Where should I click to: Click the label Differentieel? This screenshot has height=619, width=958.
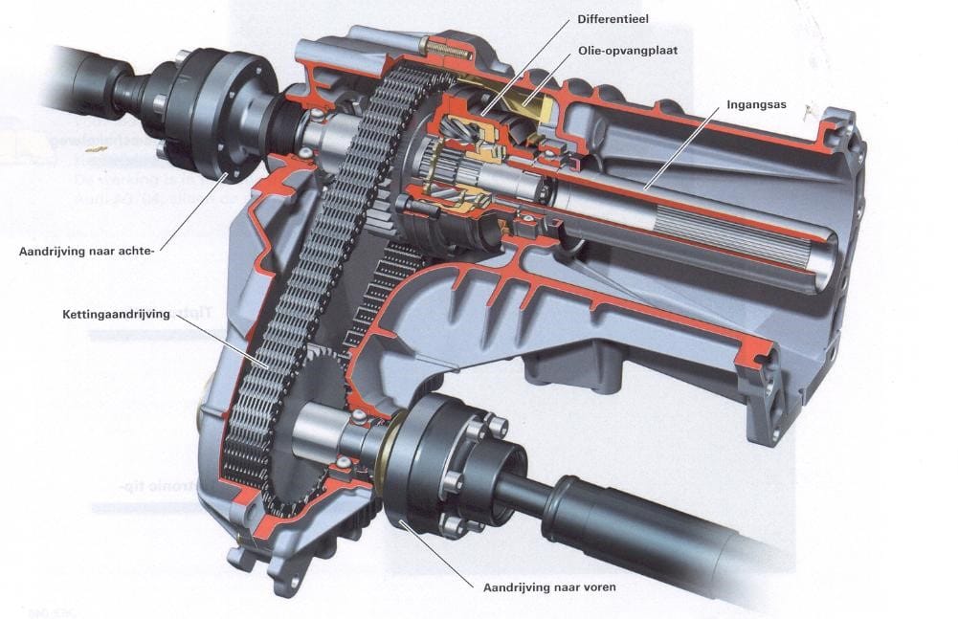pyautogui.click(x=613, y=18)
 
